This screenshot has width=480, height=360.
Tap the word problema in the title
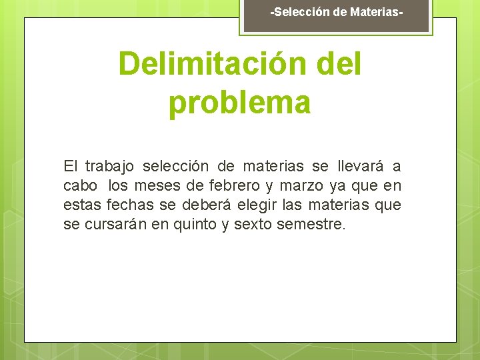pyautogui.click(x=240, y=103)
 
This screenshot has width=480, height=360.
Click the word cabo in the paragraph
pyautogui.click(x=80, y=186)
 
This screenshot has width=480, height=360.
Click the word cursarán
pyautogui.click(x=117, y=225)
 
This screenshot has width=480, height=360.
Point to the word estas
pyautogui.click(x=79, y=205)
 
